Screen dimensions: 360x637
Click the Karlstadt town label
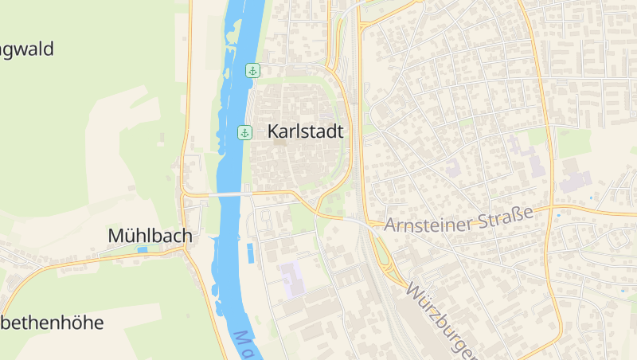click(x=306, y=131)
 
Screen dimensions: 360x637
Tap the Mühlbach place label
click(x=150, y=236)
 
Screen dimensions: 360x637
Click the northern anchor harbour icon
click(x=252, y=71)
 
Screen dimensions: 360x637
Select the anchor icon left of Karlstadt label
click(x=244, y=132)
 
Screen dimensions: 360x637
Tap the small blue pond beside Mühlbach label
click(x=143, y=250)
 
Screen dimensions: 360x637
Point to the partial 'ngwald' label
click(x=27, y=49)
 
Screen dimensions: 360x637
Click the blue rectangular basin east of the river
click(x=251, y=253)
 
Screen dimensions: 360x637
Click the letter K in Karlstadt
click(x=274, y=131)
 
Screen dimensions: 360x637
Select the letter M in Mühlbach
click(x=115, y=236)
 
